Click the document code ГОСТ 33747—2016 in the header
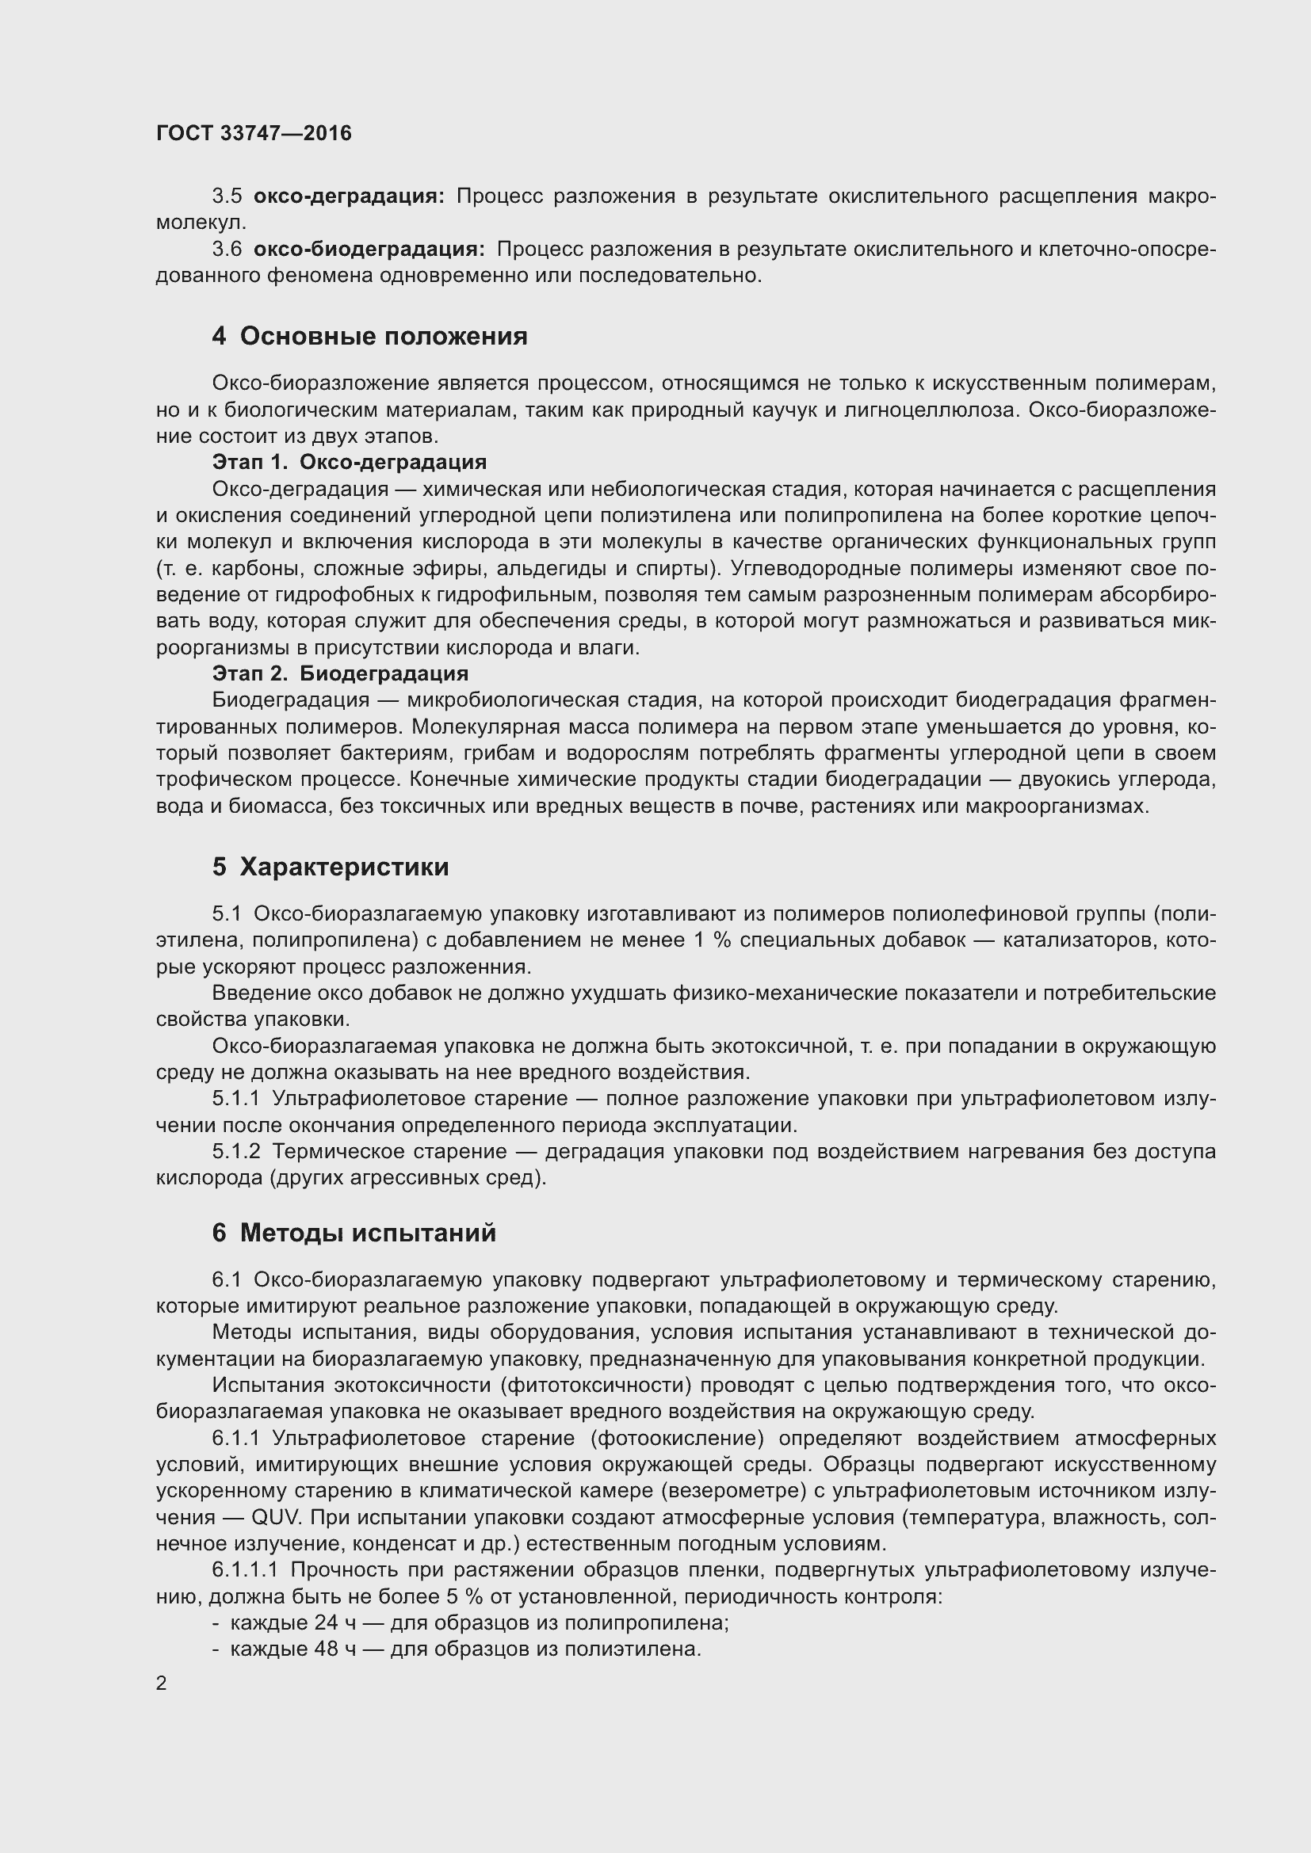(254, 133)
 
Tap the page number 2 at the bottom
(162, 1683)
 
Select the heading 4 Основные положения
(369, 336)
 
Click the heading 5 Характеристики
(331, 867)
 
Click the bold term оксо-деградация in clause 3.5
(349, 196)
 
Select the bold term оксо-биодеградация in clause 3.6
(369, 250)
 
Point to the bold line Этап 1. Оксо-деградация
(350, 462)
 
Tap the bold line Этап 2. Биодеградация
(340, 673)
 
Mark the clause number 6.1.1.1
(245, 1569)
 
